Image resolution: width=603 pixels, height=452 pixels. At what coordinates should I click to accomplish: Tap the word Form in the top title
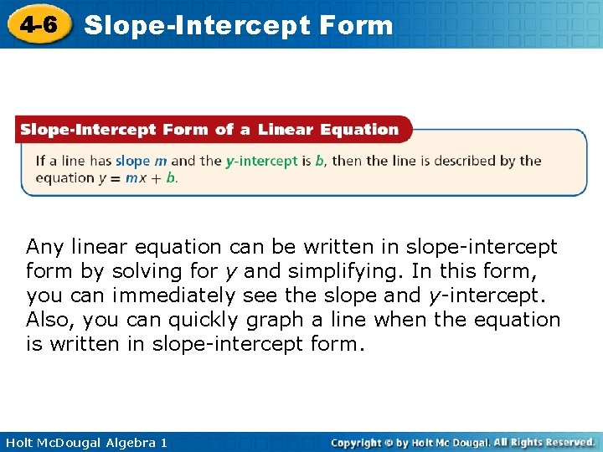tap(357, 25)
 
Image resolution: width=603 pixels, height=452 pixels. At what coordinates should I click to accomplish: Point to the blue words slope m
tap(141, 161)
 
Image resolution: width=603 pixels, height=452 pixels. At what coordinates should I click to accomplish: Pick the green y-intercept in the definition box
tap(261, 161)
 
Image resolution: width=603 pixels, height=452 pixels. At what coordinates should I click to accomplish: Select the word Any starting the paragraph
tap(45, 247)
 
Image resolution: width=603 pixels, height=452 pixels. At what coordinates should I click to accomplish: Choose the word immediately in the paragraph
tap(173, 295)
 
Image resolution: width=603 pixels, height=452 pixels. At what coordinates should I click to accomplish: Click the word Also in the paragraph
tap(48, 320)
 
